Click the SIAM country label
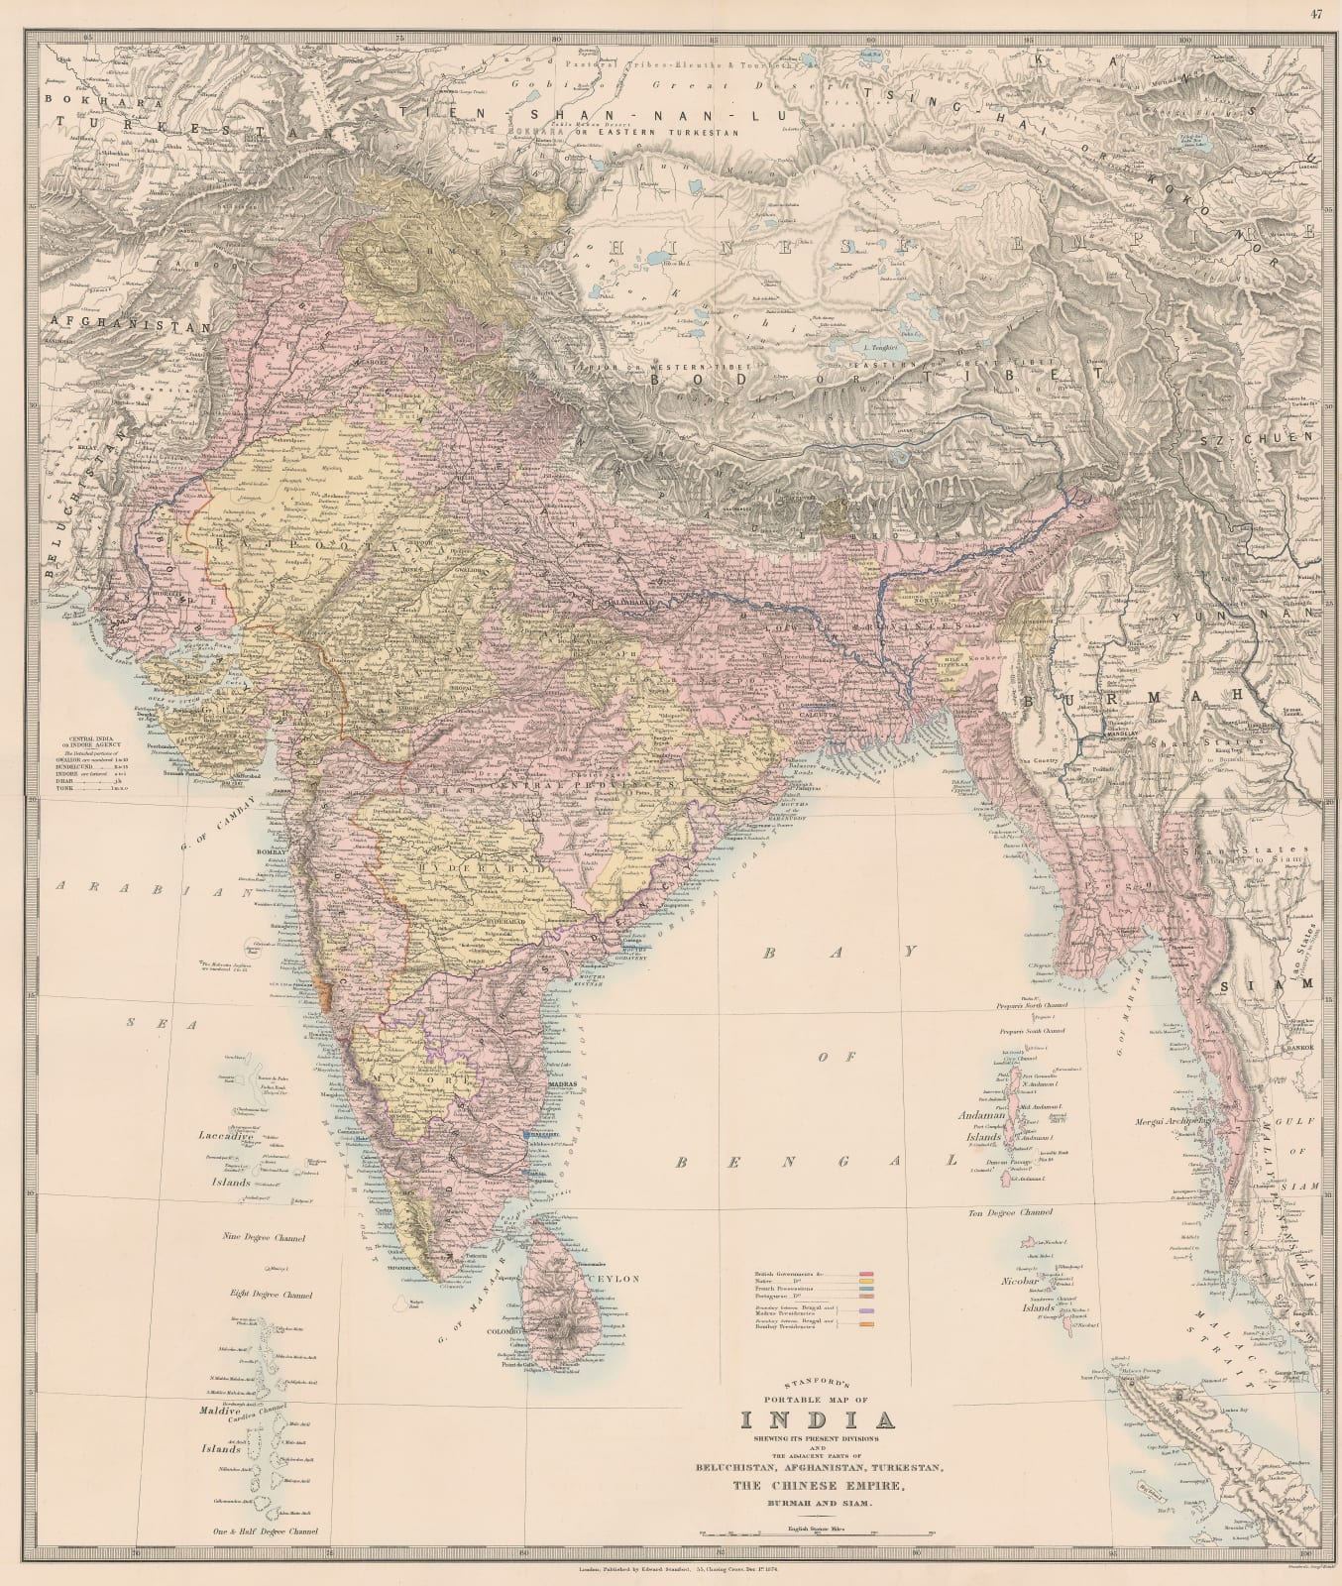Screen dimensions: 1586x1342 (1294, 984)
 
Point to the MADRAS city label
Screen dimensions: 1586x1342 (563, 1085)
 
